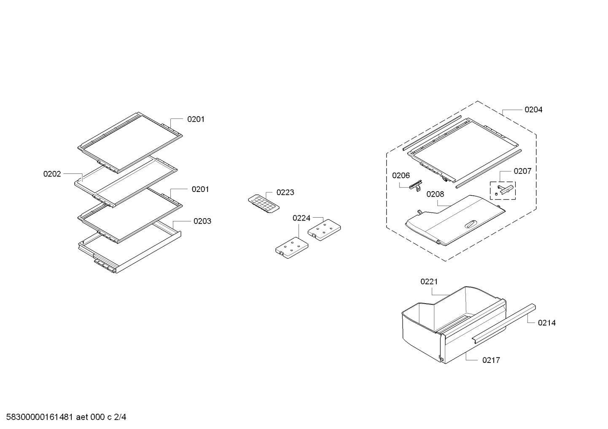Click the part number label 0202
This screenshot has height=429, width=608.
pos(52,174)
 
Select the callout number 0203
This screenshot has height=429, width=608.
pos(202,221)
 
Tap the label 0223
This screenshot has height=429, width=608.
pos(285,192)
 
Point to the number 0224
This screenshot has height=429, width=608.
pos(301,218)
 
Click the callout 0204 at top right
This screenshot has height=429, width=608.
pos(533,110)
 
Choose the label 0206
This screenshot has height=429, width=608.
pos(401,176)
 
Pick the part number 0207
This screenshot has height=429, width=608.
pos(522,171)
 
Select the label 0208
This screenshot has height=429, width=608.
pos(435,194)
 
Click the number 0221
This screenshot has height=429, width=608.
pos(429,282)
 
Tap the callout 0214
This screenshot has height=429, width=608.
pos(547,323)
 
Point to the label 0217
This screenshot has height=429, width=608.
pos(491,360)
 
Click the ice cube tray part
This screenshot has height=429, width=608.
pos(264,203)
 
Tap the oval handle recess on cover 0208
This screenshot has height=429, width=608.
pos(471,224)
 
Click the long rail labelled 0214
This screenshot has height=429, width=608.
pos(504,324)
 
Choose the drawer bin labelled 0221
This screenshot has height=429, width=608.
pos(454,325)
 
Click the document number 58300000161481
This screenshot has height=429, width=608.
pos(39,417)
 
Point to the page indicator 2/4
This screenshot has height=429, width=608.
pos(120,417)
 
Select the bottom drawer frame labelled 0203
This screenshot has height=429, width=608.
pos(130,247)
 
